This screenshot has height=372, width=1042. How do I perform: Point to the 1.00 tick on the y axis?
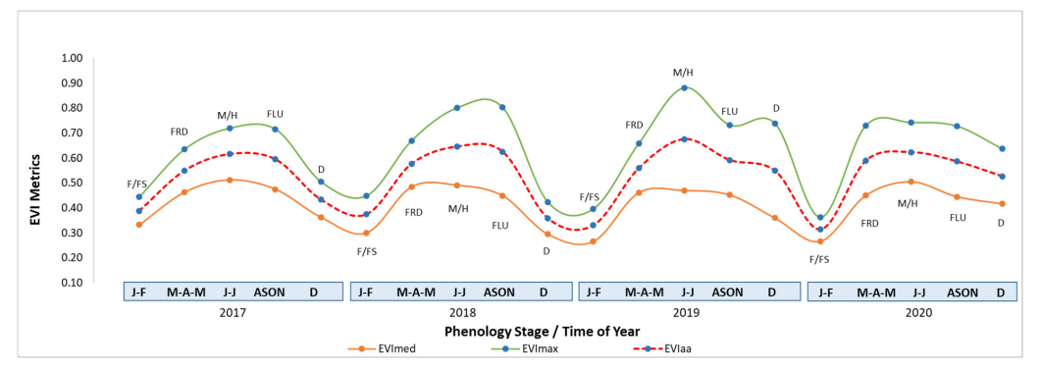pyautogui.click(x=71, y=58)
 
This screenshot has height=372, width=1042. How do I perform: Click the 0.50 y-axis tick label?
pyautogui.click(x=71, y=183)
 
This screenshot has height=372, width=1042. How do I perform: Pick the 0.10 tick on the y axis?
pyautogui.click(x=71, y=283)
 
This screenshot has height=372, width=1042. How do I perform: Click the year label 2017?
pyautogui.click(x=233, y=311)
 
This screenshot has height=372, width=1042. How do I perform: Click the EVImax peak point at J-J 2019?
pyautogui.click(x=684, y=88)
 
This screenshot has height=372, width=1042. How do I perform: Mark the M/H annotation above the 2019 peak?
pyautogui.click(x=684, y=73)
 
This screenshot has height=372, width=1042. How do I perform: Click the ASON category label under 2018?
pyautogui.click(x=499, y=292)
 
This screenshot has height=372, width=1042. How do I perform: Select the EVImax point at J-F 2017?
pyautogui.click(x=139, y=197)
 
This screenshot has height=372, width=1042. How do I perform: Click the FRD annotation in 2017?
pyautogui.click(x=180, y=132)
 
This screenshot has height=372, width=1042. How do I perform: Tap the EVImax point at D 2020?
pyautogui.click(x=1002, y=149)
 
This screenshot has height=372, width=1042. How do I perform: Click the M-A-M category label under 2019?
pyautogui.click(x=644, y=292)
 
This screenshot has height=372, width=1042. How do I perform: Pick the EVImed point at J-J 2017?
pyautogui.click(x=230, y=180)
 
